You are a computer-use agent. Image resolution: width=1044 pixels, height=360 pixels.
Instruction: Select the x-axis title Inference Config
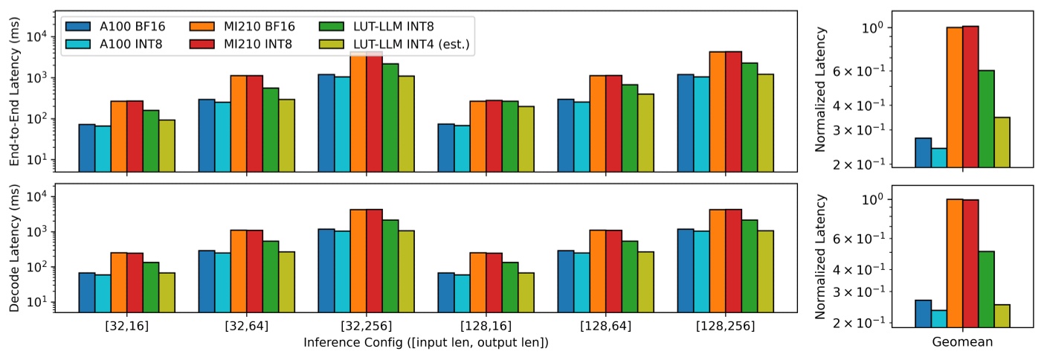coord(426,343)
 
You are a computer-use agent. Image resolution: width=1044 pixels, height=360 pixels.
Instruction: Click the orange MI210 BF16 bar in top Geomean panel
coord(954,97)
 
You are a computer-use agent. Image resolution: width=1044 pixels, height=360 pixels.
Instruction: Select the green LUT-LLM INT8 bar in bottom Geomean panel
coord(986,289)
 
